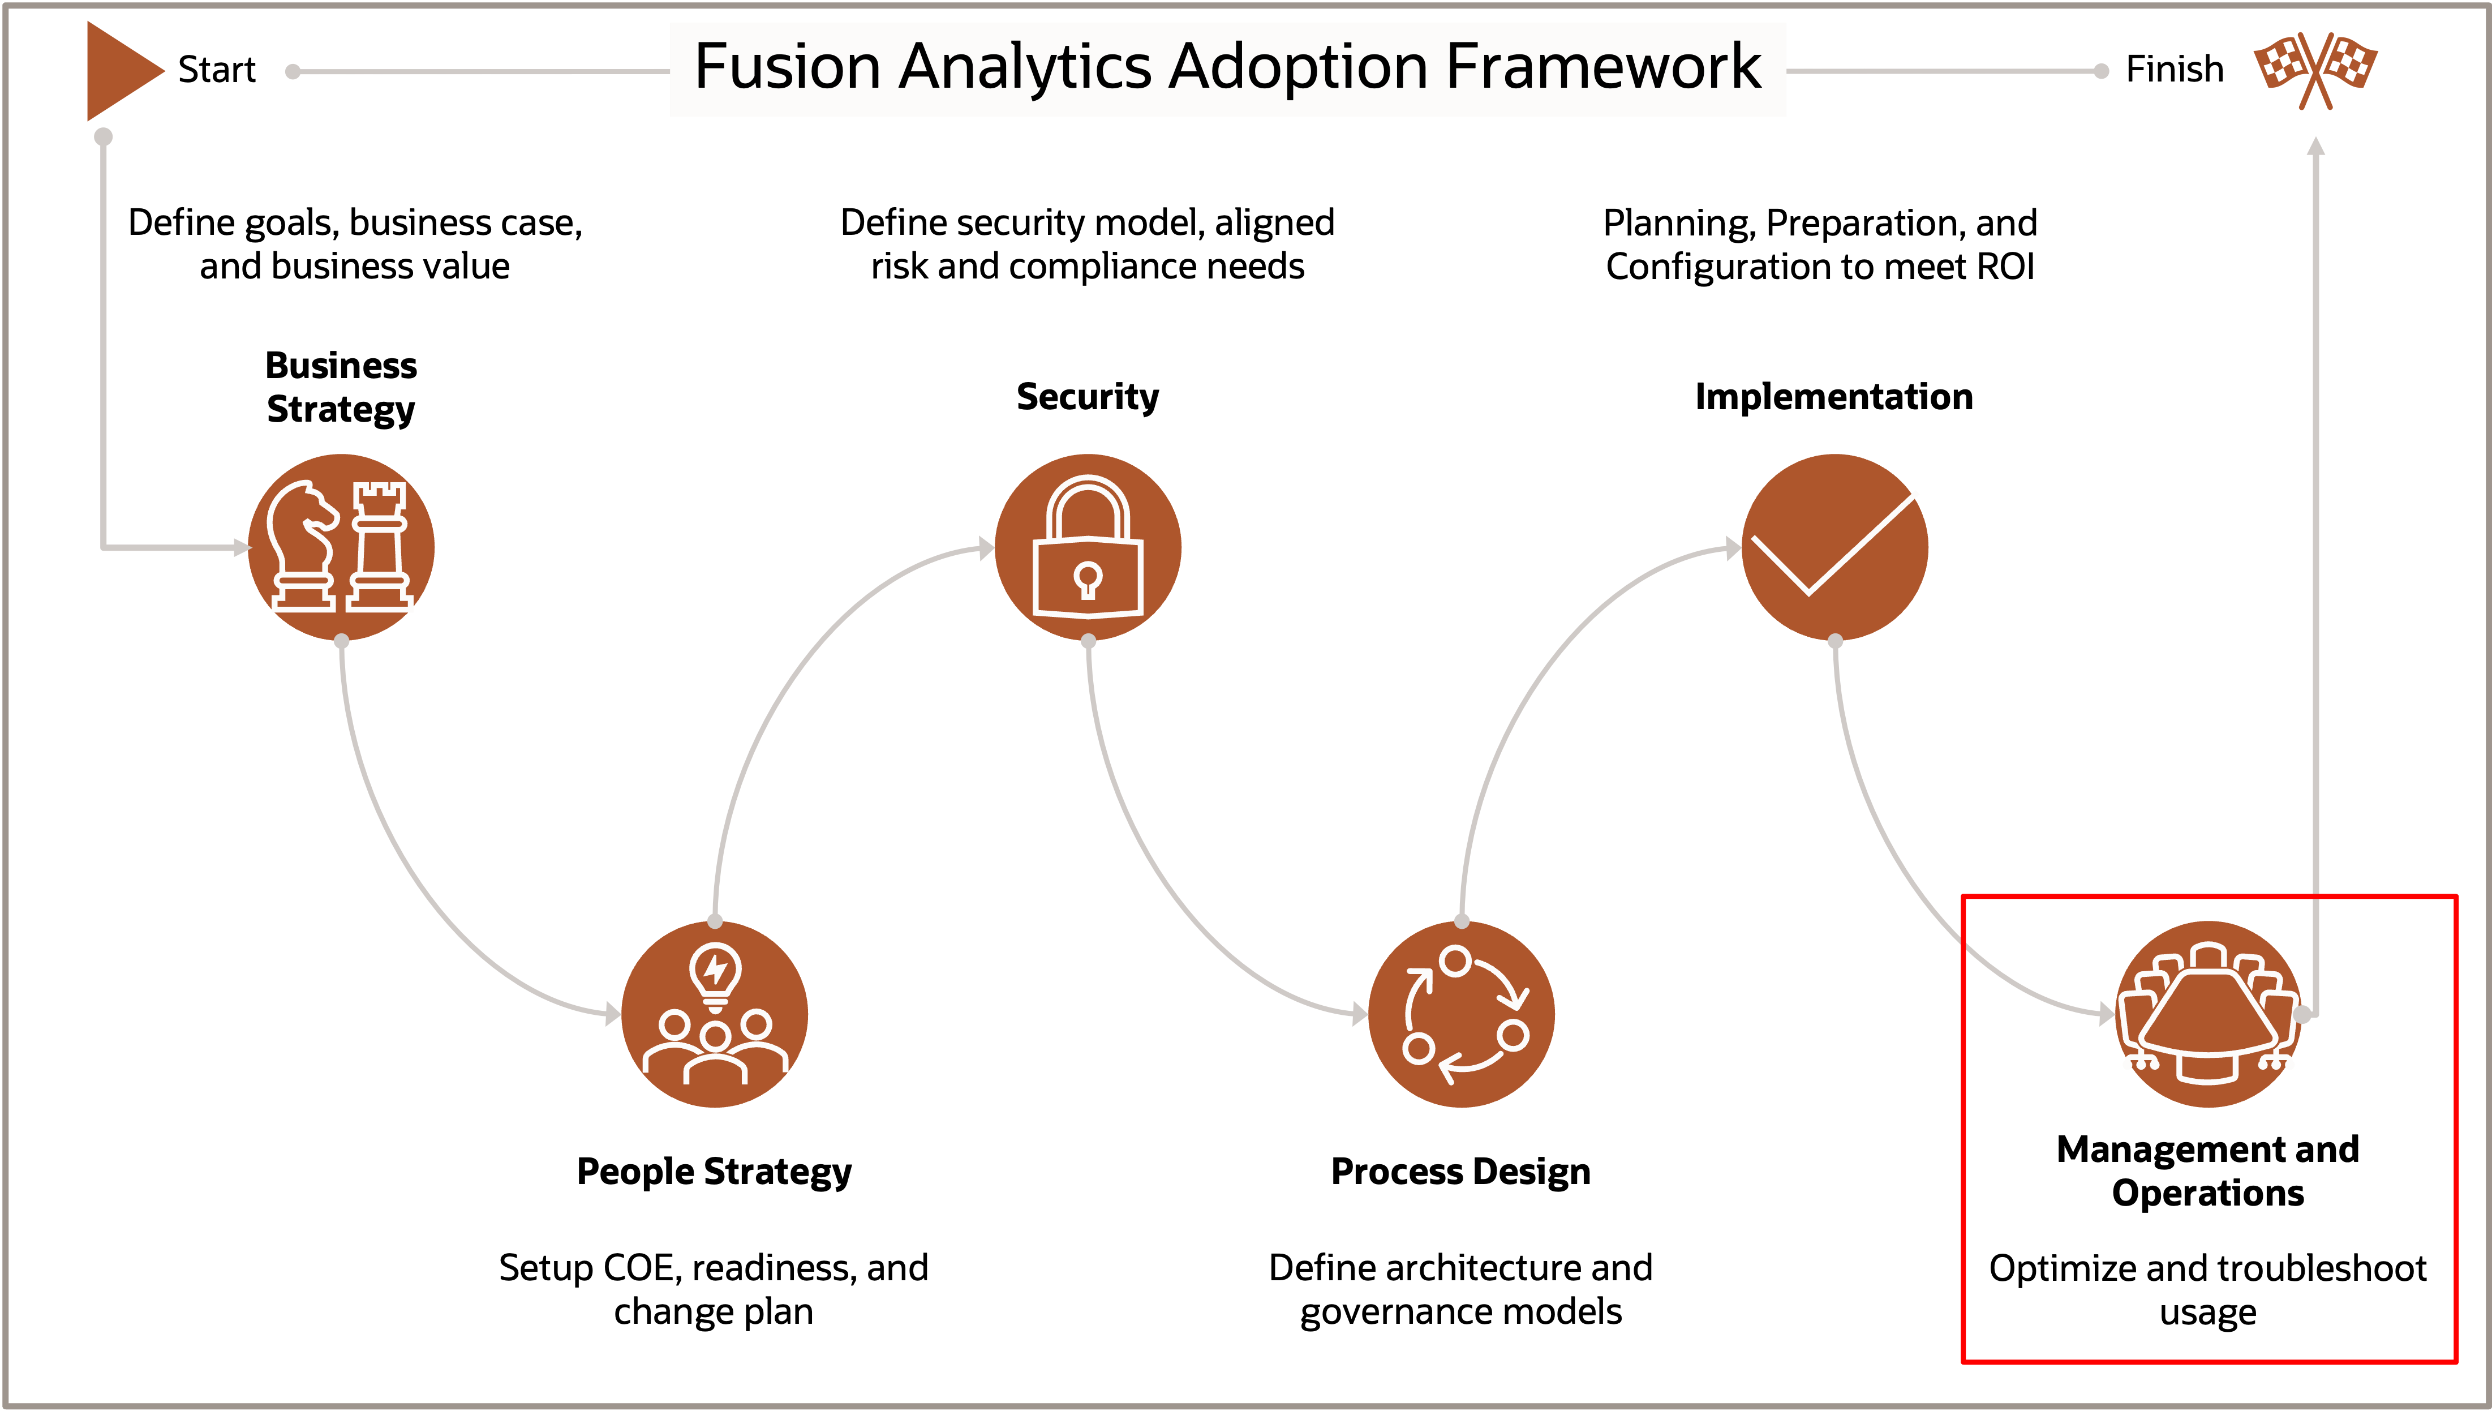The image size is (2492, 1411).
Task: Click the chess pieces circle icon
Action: coord(341,547)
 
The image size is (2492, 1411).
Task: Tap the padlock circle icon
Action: coord(1088,547)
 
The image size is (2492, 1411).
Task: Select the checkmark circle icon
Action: coord(1835,547)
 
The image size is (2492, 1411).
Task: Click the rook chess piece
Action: coord(379,547)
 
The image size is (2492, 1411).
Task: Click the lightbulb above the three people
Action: coord(715,972)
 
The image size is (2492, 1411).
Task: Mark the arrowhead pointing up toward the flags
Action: coord(2315,145)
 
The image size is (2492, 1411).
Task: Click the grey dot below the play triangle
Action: coord(104,136)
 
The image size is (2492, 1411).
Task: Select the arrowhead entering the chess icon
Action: coord(242,547)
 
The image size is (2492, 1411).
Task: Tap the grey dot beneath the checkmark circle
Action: coord(1835,641)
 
